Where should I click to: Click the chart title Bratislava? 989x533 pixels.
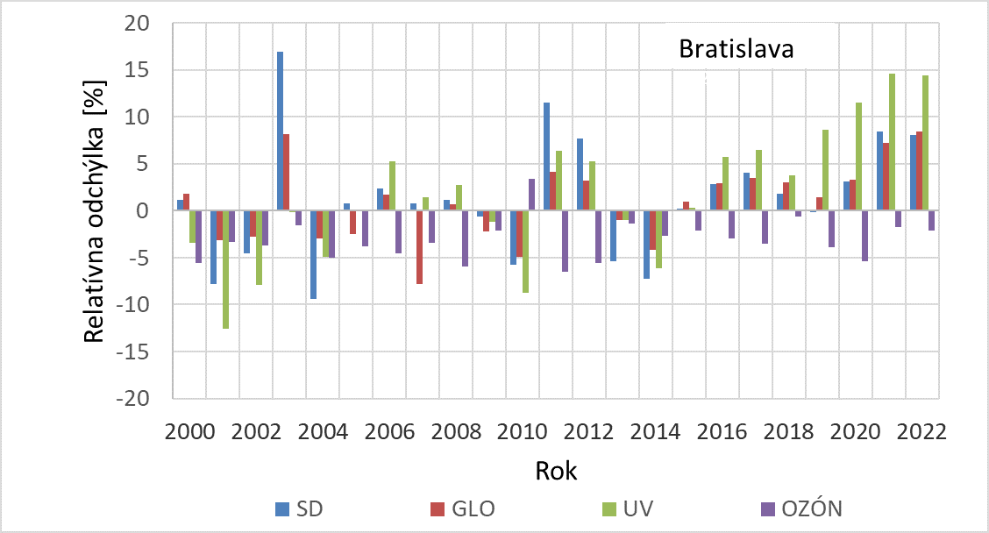[736, 49]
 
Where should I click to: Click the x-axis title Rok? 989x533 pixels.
[556, 471]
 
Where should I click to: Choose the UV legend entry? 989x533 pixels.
[623, 508]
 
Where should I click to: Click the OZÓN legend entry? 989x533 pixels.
[800, 508]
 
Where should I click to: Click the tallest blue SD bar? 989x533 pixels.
[280, 131]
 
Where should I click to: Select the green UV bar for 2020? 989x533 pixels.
[858, 157]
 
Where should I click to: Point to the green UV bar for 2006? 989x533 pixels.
[393, 186]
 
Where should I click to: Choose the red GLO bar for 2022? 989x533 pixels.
[918, 171]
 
